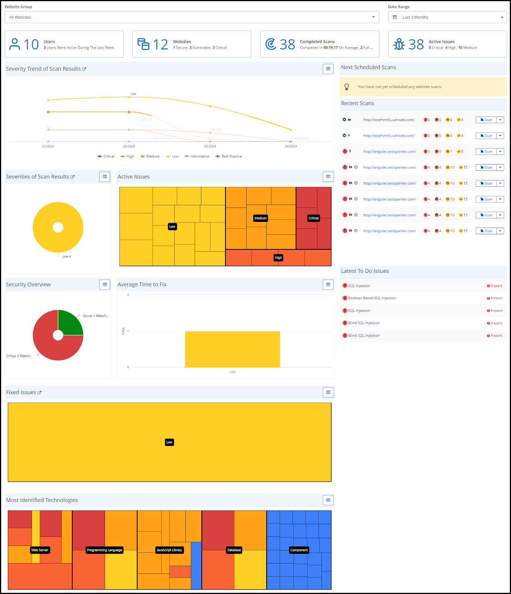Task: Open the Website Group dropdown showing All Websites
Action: [x=191, y=17]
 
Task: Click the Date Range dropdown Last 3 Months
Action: [x=447, y=17]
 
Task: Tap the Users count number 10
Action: [x=31, y=45]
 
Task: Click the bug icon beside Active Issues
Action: [x=399, y=44]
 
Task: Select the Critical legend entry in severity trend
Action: [x=106, y=156]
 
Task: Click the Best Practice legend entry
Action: [x=229, y=156]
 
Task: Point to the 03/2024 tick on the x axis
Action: [x=210, y=146]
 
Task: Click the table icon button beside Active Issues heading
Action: [x=328, y=177]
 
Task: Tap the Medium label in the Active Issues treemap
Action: [x=260, y=218]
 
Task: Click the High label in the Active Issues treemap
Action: [x=278, y=258]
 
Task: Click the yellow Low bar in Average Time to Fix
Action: [x=232, y=349]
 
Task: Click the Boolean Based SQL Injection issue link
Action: [x=372, y=298]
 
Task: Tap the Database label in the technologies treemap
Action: [x=234, y=550]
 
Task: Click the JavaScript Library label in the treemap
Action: [x=169, y=550]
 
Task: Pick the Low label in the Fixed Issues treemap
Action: [x=169, y=442]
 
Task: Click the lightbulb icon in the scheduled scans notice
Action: [x=347, y=87]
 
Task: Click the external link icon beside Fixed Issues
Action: [x=39, y=392]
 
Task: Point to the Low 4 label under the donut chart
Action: [x=67, y=257]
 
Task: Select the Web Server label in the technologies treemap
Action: [x=40, y=550]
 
